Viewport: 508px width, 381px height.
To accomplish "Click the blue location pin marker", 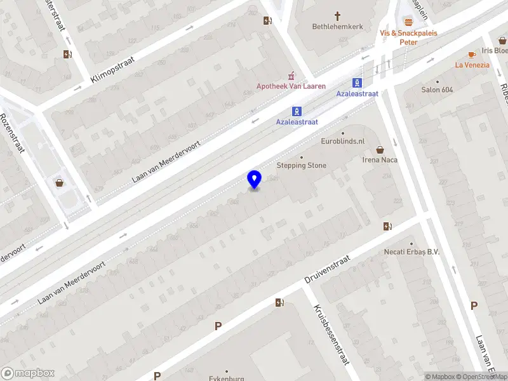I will (x=255, y=179).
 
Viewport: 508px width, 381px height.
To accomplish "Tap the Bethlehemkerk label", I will (x=337, y=27).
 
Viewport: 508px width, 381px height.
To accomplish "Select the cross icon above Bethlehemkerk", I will (x=337, y=16).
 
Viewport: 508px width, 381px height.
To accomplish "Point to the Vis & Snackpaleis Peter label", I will (x=408, y=37).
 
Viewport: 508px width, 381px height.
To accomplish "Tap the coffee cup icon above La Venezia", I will (x=472, y=55).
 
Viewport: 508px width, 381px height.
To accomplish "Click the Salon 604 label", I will (x=438, y=90).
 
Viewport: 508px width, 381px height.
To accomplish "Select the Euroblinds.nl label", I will (x=343, y=141).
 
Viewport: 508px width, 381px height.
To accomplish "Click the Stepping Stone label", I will (x=302, y=166).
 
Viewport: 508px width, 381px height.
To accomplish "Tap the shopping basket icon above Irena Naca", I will (x=380, y=150).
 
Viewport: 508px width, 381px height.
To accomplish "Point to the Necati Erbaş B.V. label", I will (x=412, y=251).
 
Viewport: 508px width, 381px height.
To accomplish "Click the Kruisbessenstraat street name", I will (x=331, y=335).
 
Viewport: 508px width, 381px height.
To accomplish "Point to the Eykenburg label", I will (x=227, y=378).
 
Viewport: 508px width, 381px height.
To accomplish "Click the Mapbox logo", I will (x=27, y=373).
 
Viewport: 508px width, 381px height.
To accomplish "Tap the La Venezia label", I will (x=472, y=65).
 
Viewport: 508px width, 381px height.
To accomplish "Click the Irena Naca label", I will (x=380, y=160).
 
